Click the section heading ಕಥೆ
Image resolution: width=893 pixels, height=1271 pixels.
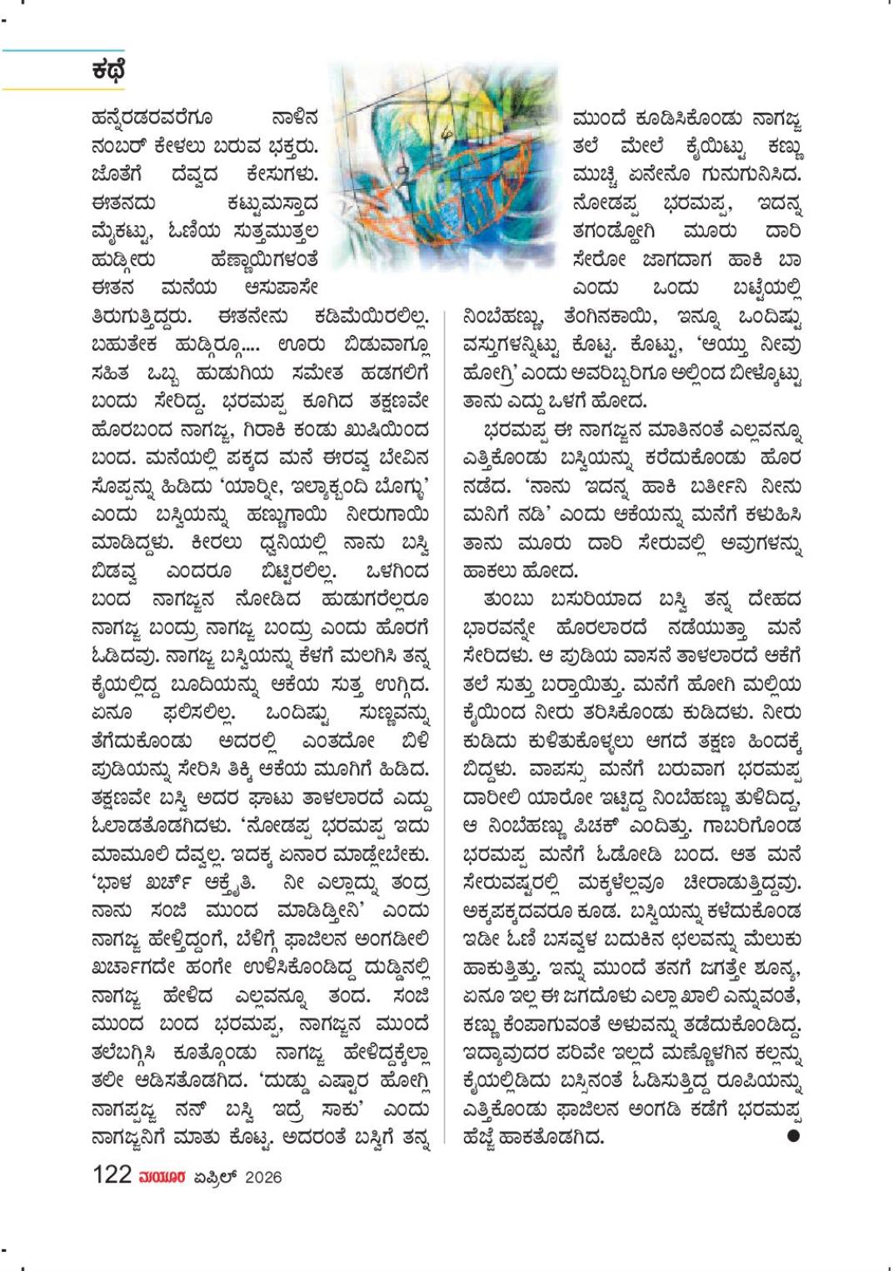pos(108,70)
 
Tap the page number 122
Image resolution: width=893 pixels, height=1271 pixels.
pos(112,1175)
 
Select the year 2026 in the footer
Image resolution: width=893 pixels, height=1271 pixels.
pos(263,1177)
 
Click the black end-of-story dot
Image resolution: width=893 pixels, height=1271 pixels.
pos(793,1135)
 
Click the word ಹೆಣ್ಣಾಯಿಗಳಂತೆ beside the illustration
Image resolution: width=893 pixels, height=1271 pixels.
pos(265,260)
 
